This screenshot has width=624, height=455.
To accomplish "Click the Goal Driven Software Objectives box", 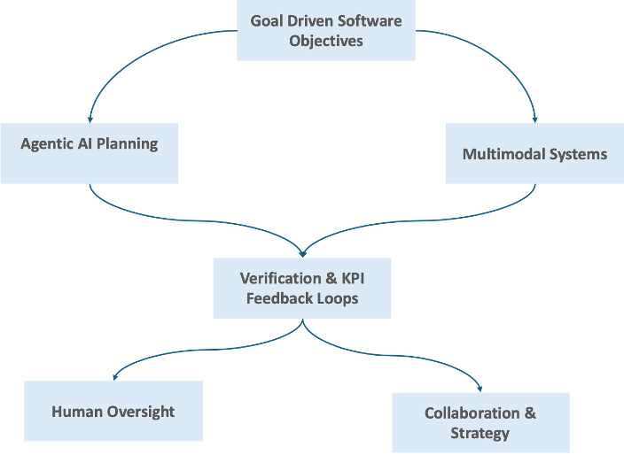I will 325,31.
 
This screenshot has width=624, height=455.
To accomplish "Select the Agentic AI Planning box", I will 89,152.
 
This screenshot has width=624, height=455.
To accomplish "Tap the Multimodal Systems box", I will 534,153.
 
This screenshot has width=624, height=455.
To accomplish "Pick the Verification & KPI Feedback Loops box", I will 301,288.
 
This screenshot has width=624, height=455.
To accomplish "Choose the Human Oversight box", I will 113,411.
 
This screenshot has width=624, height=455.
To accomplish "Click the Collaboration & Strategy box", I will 480,422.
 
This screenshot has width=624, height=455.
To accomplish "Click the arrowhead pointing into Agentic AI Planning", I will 90,119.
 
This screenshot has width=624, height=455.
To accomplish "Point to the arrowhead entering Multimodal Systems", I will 534,119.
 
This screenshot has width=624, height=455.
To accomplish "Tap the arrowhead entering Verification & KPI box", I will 302,253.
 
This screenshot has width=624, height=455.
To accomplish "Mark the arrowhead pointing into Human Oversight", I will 113,377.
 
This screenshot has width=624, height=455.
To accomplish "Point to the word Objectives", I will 325,41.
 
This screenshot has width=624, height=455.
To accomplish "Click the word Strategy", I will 480,433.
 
